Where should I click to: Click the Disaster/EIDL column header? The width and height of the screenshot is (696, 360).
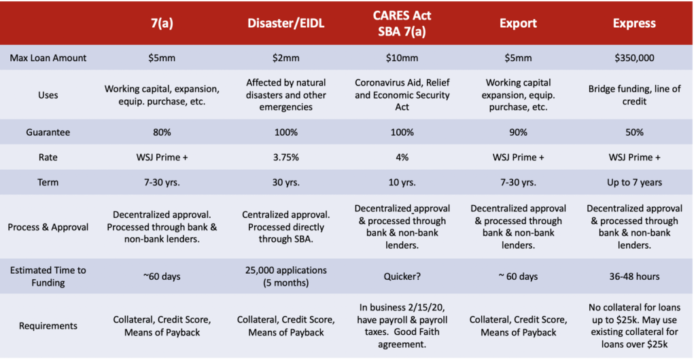click(285, 23)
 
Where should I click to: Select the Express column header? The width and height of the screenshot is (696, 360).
click(634, 23)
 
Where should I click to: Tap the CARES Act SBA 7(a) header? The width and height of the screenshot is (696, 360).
click(402, 23)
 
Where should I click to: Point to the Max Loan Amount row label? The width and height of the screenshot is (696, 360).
click(48, 58)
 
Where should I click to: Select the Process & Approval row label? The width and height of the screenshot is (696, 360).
click(48, 227)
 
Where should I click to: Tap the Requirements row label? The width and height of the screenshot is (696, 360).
click(48, 326)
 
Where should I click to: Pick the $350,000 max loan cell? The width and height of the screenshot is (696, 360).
click(634, 58)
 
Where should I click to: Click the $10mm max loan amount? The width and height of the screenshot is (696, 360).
click(402, 58)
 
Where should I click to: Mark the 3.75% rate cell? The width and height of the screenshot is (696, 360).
click(285, 157)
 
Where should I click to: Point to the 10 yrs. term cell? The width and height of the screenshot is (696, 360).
click(402, 183)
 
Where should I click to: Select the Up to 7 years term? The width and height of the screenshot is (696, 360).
click(634, 183)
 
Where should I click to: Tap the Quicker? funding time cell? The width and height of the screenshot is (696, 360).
click(402, 276)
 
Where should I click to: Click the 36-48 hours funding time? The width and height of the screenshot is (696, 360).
click(634, 276)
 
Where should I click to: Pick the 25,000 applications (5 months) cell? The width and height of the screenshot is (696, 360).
click(285, 276)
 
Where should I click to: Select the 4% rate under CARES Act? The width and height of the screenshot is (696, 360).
click(402, 157)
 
